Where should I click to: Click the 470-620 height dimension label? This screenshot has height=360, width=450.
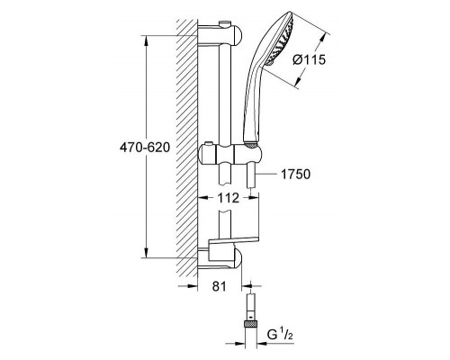145,148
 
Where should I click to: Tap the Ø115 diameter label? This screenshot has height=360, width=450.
309,60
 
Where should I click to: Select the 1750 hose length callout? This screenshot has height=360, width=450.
295,174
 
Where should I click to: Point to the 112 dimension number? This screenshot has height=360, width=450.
229,198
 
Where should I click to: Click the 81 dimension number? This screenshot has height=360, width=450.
220,286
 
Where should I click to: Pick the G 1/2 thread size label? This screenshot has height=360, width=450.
280,335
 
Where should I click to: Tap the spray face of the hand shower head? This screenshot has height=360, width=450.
280,38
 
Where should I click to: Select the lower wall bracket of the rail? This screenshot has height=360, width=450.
220,258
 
